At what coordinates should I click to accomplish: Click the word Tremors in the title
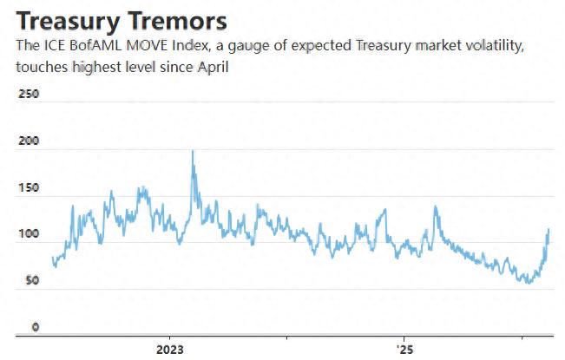181,20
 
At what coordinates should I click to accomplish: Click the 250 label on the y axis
29,94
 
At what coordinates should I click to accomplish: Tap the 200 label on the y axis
29,141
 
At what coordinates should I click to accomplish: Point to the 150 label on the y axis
29,187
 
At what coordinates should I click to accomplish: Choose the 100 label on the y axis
29,234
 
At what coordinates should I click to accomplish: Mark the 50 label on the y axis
32,281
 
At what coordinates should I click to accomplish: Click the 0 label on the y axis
36,327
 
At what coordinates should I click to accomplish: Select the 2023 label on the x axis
169,349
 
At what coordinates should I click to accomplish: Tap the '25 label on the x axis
404,349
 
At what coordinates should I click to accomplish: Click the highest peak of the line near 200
192,151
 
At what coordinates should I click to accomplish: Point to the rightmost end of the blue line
549,230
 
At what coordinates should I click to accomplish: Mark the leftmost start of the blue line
53,258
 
